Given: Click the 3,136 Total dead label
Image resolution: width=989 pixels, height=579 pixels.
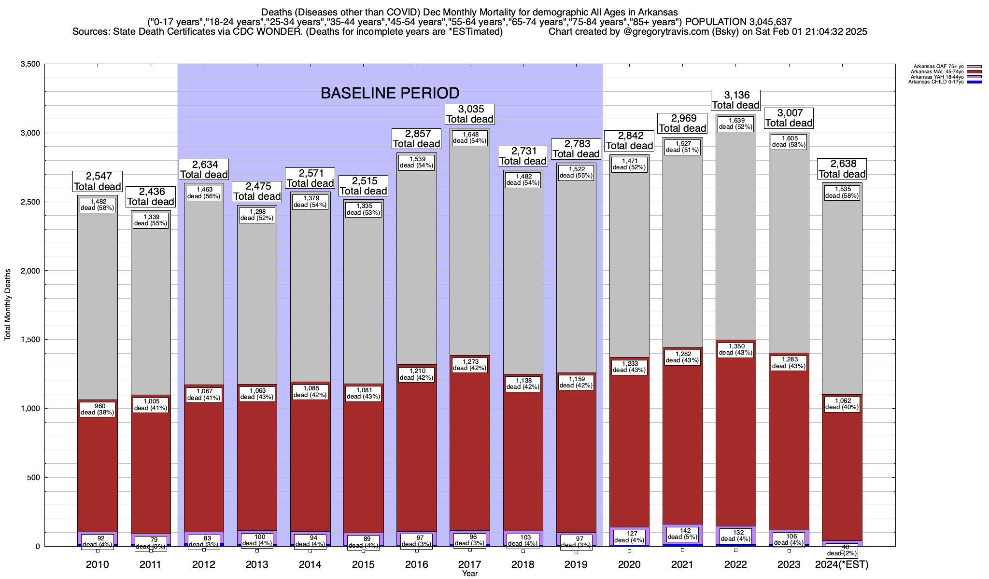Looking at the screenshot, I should [735, 100].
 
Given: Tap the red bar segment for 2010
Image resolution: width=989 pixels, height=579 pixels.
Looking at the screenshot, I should [98, 473].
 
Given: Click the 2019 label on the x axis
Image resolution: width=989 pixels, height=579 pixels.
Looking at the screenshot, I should [576, 565].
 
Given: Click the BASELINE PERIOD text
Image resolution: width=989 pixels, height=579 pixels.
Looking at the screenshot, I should [390, 93].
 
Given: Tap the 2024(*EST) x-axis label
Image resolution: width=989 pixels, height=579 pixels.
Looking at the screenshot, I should [842, 565].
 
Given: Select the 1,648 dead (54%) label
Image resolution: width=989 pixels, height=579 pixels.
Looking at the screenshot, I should [470, 138].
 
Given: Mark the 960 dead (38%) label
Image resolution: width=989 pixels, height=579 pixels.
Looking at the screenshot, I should [98, 409].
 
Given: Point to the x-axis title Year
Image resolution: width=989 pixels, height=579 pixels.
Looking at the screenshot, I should [469, 574].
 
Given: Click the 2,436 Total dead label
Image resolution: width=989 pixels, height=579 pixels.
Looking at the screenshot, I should [151, 197].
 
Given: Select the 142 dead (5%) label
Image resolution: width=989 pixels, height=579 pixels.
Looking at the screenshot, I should [682, 533].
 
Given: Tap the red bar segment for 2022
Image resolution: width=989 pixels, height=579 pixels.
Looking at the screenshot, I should [735, 444].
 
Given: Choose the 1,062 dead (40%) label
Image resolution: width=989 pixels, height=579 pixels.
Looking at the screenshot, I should [842, 403].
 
